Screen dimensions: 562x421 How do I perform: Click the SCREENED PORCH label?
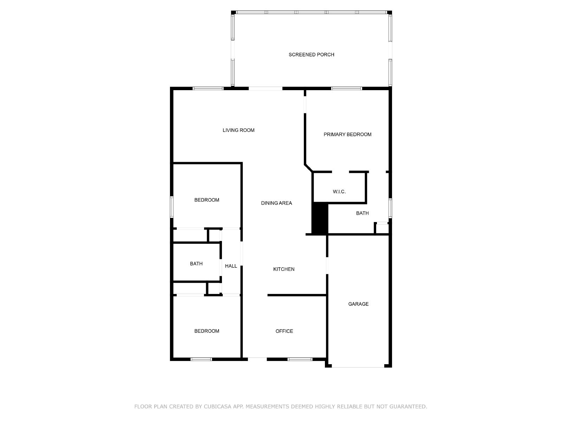[311, 54]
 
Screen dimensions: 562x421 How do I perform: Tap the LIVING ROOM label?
[238, 130]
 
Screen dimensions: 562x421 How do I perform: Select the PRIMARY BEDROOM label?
[347, 134]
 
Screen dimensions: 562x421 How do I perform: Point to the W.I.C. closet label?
[339, 192]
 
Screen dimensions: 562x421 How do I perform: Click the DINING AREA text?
[276, 203]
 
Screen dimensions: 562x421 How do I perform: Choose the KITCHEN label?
[284, 269]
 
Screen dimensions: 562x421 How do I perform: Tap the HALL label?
[231, 266]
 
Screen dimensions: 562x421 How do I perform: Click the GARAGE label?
[358, 304]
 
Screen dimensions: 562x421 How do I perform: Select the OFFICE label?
[284, 331]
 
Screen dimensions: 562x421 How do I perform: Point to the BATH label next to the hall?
[196, 263]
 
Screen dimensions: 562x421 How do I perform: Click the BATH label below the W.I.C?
[362, 213]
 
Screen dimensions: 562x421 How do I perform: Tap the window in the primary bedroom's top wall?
[346, 88]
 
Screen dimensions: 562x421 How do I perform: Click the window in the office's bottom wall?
[300, 359]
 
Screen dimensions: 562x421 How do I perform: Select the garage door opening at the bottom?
[358, 366]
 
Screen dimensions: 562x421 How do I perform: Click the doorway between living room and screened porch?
[266, 88]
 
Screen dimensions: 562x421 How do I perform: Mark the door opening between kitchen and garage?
[327, 266]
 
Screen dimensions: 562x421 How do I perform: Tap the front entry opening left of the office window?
[257, 359]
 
